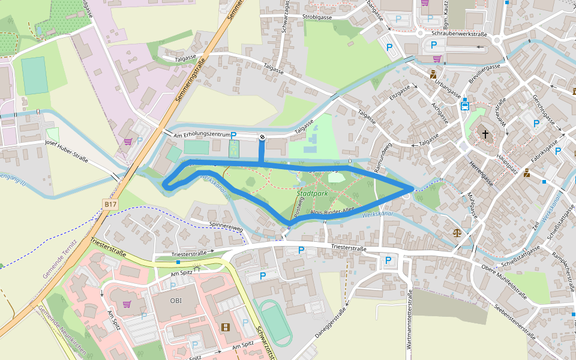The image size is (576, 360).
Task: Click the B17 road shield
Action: [110, 205]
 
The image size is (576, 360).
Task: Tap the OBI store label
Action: [176, 301]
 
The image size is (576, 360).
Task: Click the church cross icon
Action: [485, 134]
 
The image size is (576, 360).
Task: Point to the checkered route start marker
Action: [263, 137]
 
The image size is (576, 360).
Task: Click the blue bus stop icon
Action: [464, 105]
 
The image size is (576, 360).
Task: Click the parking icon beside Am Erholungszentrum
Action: [234, 136]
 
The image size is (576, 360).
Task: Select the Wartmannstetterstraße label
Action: [410, 324]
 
